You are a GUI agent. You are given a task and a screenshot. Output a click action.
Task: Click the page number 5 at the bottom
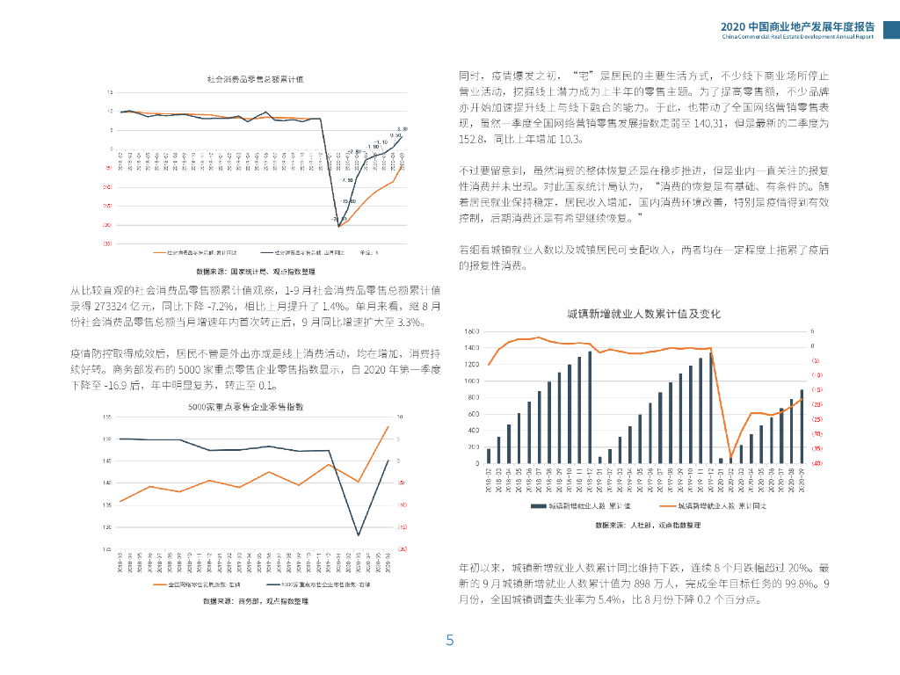coord(450,641)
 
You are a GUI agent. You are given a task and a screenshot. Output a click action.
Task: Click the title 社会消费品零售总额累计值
coord(255,79)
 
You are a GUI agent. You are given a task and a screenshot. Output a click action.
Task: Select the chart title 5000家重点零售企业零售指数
coord(245,407)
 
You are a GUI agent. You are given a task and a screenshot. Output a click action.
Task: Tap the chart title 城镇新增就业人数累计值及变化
coord(643,314)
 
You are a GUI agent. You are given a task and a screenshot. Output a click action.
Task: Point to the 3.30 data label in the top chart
coord(403,129)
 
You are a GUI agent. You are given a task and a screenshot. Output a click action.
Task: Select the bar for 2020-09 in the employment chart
coord(801,426)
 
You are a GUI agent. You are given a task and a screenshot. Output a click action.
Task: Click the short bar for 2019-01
coord(599,460)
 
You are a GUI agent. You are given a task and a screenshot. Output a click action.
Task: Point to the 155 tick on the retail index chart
coord(107,417)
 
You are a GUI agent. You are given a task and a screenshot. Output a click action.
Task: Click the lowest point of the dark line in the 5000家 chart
coord(358,534)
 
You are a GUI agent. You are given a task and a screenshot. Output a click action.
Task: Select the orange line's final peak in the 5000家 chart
coord(388,426)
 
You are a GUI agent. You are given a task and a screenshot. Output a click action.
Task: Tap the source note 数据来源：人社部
coord(648,525)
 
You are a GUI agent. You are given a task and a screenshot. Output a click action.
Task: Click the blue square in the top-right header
coord(890,31)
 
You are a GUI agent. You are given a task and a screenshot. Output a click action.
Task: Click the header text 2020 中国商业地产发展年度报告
coord(797,26)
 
